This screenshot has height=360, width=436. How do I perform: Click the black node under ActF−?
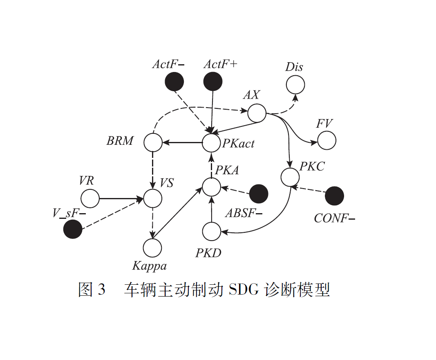(x=174, y=81)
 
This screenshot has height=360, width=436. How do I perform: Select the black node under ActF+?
(x=213, y=81)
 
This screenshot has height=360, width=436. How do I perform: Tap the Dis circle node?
(x=295, y=85)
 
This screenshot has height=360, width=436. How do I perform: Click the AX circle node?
(x=257, y=113)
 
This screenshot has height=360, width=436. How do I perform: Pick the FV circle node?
(x=326, y=140)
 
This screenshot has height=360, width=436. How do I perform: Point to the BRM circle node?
(x=153, y=143)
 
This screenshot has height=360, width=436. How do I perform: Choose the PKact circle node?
(x=212, y=143)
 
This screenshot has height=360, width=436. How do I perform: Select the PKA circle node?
(x=212, y=187)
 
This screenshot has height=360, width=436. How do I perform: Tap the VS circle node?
(x=153, y=199)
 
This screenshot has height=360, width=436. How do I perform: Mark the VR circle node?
(x=90, y=199)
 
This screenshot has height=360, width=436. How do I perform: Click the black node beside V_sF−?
(x=73, y=229)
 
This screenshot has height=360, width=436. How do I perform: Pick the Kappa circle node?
(x=152, y=248)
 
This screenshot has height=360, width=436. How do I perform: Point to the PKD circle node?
(x=212, y=231)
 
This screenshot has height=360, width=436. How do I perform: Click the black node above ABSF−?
(x=259, y=193)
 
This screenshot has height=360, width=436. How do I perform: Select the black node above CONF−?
(x=334, y=196)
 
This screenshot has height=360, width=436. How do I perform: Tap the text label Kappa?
(x=150, y=266)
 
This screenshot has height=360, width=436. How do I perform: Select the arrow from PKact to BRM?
(x=183, y=143)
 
